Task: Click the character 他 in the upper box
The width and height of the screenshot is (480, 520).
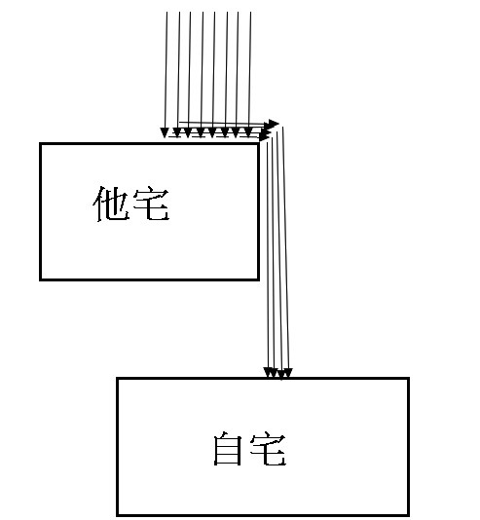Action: click(x=111, y=204)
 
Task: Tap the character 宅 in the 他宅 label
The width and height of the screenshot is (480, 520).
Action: click(x=152, y=204)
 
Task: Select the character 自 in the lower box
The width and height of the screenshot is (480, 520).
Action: click(x=228, y=448)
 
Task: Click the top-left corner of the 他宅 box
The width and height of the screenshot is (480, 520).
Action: click(x=41, y=144)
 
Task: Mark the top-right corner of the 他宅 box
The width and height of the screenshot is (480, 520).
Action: click(x=259, y=144)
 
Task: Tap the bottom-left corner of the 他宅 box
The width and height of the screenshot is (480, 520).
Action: click(x=41, y=279)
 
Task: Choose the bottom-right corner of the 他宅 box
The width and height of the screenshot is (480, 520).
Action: click(x=259, y=279)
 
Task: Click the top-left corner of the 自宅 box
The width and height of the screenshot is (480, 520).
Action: click(x=118, y=379)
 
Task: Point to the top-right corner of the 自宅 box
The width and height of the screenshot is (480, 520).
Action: click(x=408, y=379)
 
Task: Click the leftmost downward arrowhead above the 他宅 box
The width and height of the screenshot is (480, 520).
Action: click(x=165, y=132)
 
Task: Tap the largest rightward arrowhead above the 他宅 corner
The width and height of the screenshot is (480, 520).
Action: click(x=274, y=125)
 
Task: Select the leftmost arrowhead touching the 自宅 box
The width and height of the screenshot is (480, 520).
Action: click(x=268, y=372)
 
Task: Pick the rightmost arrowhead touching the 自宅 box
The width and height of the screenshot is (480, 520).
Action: click(x=288, y=373)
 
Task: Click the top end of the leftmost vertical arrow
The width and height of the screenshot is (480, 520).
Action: click(x=166, y=12)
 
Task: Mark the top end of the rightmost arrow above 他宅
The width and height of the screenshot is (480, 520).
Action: click(x=250, y=12)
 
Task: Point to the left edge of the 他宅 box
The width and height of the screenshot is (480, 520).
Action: click(x=41, y=212)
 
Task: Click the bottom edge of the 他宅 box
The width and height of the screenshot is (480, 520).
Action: click(x=150, y=279)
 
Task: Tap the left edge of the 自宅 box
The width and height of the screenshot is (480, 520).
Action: click(x=118, y=447)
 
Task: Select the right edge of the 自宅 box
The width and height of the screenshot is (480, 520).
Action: click(x=408, y=447)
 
